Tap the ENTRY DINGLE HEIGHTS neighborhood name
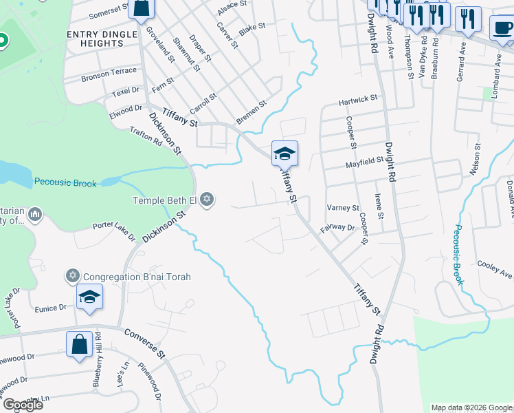point(96,39)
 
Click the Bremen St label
point(251,114)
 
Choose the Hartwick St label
point(358,100)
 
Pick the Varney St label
point(343,208)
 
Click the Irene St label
point(379,204)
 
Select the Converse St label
point(145,343)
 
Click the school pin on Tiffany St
point(284,153)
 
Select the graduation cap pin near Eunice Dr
point(89,297)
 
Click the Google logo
point(23,404)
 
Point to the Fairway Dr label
point(337,226)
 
